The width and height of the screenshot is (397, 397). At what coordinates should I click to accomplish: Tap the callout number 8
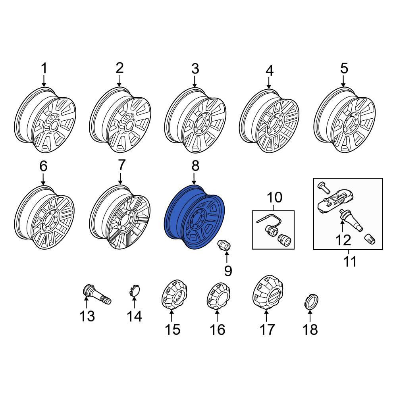(x=195, y=166)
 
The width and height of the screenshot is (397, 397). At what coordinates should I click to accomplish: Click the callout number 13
(x=87, y=316)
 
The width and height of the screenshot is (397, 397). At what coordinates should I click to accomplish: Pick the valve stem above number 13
(x=97, y=295)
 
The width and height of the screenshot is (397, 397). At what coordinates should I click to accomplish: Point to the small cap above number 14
(x=134, y=290)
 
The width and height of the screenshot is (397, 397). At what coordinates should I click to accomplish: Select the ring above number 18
(x=310, y=302)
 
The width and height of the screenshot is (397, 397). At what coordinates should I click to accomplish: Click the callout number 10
(x=274, y=197)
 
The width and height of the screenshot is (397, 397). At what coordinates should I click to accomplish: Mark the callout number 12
(x=343, y=240)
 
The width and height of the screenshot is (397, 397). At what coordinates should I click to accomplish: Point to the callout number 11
(x=350, y=261)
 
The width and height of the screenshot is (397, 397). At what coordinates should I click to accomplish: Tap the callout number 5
(x=344, y=68)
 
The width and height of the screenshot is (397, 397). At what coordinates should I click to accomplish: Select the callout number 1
(x=44, y=68)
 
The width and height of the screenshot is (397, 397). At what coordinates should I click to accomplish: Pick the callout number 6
(x=43, y=166)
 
